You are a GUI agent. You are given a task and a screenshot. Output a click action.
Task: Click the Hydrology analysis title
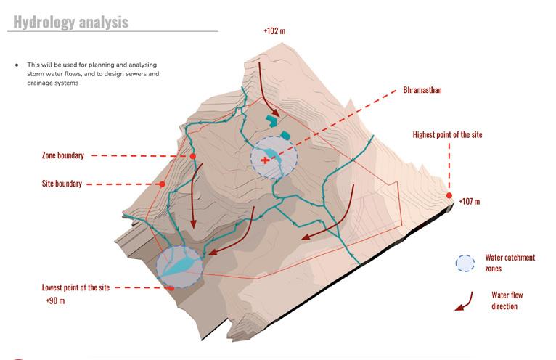[71, 22]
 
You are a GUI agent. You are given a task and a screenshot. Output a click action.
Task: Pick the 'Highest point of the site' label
[447, 135]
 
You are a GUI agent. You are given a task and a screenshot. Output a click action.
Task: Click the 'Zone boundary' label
[63, 155]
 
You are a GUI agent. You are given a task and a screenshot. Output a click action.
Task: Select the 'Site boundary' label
[62, 184]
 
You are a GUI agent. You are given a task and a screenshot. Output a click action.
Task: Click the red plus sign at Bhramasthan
[264, 161]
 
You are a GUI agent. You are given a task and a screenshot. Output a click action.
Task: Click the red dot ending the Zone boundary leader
[192, 156]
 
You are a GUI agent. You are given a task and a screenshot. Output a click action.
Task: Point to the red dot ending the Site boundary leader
[162, 184]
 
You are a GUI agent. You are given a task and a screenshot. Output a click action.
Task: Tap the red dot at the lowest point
[172, 287]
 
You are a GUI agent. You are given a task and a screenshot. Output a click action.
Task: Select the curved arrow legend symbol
[461, 301]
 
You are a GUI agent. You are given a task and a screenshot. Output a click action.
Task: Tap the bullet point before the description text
[16, 65]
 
